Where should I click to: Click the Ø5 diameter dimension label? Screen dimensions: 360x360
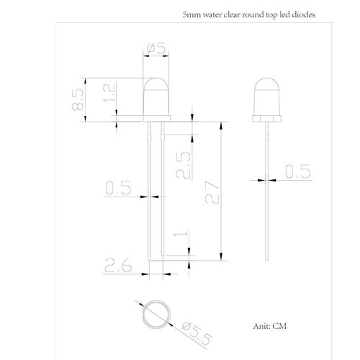[x=156, y=48]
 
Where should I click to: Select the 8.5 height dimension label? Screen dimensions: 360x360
[x=78, y=99]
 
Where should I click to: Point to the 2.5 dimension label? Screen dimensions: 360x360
[x=184, y=166]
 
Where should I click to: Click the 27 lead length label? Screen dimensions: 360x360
[x=212, y=192]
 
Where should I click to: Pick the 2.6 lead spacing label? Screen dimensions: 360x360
[x=118, y=266]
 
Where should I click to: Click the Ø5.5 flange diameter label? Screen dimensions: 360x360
[x=197, y=333]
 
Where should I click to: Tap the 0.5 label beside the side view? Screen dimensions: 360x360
[x=298, y=171]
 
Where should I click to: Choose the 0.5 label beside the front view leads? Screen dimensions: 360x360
[x=118, y=187]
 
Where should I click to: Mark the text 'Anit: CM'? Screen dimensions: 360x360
[x=270, y=326]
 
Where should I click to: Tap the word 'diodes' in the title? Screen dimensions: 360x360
[x=303, y=14]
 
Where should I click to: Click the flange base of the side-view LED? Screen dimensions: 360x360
[x=267, y=119]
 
